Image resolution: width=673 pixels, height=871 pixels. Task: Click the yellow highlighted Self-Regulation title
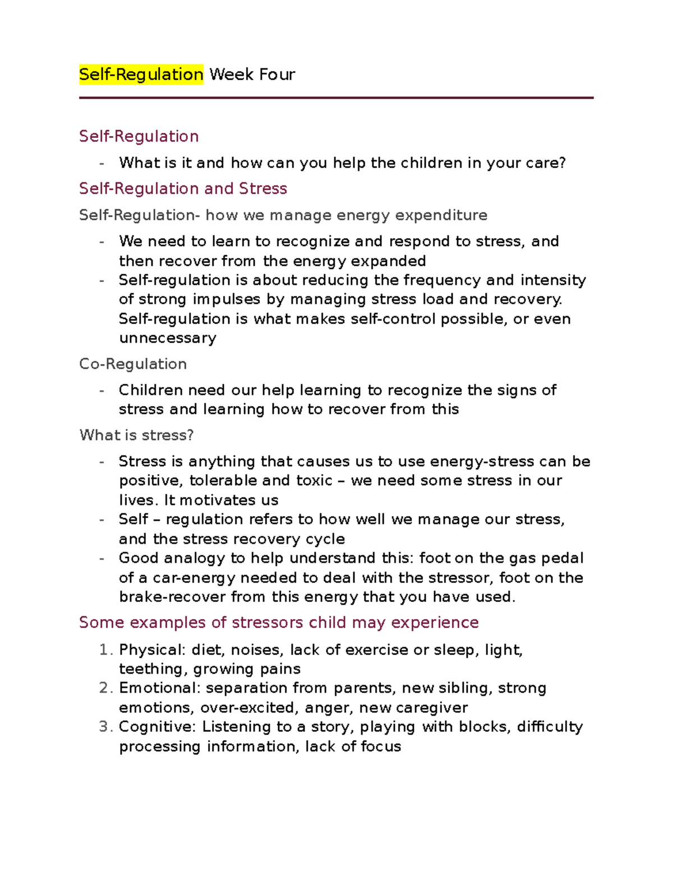click(x=141, y=74)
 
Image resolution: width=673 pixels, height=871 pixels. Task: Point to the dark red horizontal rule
click(x=336, y=98)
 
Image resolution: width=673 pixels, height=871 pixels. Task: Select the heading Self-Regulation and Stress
click(x=183, y=188)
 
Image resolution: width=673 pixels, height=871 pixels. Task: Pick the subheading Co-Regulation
click(x=133, y=364)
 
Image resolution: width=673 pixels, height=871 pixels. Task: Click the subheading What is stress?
click(x=136, y=435)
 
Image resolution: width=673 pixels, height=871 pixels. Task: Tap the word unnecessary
click(x=168, y=338)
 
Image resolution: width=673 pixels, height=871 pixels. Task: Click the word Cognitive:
click(x=158, y=727)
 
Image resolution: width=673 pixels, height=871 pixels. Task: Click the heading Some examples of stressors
click(x=279, y=623)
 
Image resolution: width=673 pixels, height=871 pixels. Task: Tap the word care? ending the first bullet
click(x=546, y=163)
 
